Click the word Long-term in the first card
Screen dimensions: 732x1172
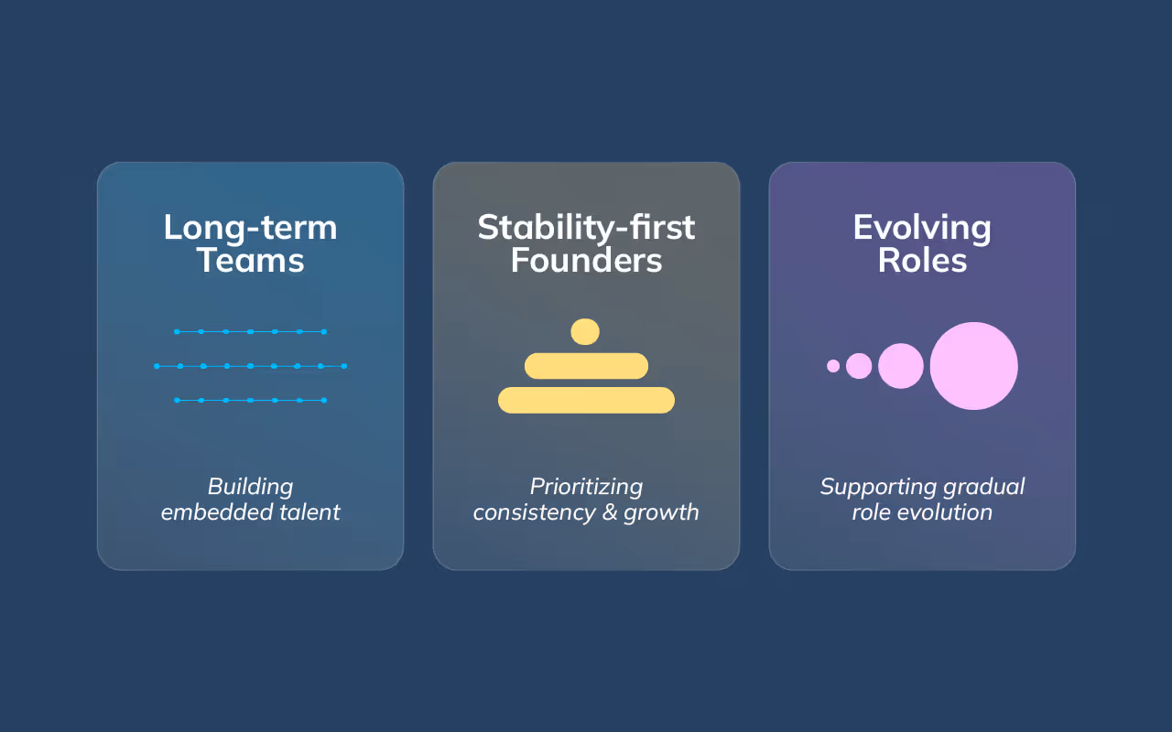coord(250,228)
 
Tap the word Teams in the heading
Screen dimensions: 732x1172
coord(250,261)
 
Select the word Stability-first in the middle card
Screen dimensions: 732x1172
coord(586,228)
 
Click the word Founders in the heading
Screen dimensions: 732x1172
coord(586,261)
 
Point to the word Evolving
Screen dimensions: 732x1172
coord(922,228)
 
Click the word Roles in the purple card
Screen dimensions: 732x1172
coord(922,261)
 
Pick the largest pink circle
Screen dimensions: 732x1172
coord(973,366)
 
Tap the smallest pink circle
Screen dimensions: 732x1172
coord(833,366)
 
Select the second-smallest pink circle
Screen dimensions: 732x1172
coord(859,366)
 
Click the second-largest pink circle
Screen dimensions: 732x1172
coord(901,366)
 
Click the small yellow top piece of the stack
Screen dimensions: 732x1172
coord(585,331)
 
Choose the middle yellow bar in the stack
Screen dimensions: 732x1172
coord(586,366)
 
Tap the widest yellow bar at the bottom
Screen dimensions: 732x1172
coord(586,400)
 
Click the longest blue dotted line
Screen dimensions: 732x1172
coord(250,366)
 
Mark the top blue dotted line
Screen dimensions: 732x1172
coord(250,331)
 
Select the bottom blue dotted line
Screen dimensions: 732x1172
coord(250,400)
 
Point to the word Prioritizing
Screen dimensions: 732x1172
coord(586,487)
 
